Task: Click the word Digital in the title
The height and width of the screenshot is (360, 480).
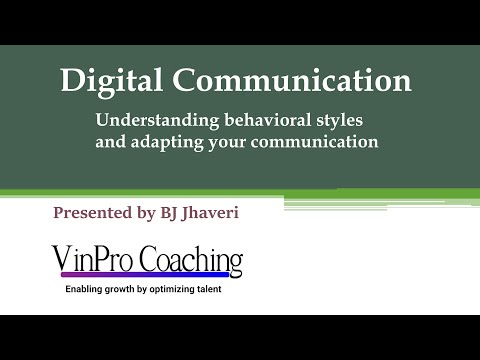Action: [x=108, y=81]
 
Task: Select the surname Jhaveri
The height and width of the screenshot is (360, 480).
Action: [x=220, y=212]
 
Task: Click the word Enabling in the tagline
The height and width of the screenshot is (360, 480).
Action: [x=89, y=290]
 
